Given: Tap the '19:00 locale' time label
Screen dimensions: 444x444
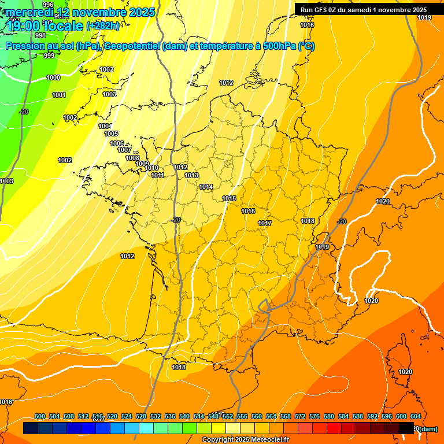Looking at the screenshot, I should click(x=45, y=25).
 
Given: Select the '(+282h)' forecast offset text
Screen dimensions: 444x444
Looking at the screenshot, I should click(x=103, y=26).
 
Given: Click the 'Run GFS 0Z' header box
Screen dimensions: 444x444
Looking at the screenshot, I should click(x=363, y=9).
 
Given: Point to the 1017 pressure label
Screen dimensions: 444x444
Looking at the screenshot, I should click(x=265, y=223).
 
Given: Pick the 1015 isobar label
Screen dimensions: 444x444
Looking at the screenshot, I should click(x=229, y=198).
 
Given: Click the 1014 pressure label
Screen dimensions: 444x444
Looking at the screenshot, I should click(x=206, y=187).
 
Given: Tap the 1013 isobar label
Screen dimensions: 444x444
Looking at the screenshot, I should click(x=191, y=175).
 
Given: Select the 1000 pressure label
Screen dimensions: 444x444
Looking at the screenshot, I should click(x=53, y=77).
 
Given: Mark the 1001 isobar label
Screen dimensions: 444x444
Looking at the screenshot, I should click(x=59, y=95).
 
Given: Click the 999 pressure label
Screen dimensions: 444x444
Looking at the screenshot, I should click(x=49, y=55).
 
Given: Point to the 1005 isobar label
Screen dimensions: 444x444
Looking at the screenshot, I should click(x=111, y=134).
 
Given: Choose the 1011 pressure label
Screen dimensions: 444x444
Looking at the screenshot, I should click(x=157, y=175).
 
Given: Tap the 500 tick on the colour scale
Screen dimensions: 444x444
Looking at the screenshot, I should click(x=40, y=416).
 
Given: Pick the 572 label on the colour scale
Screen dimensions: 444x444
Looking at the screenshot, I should click(x=300, y=416).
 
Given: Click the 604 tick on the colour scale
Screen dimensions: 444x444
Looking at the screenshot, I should click(x=415, y=416).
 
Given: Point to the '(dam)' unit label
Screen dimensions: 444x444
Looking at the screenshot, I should click(x=428, y=429).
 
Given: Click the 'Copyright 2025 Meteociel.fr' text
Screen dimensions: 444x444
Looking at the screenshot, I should click(x=246, y=439).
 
